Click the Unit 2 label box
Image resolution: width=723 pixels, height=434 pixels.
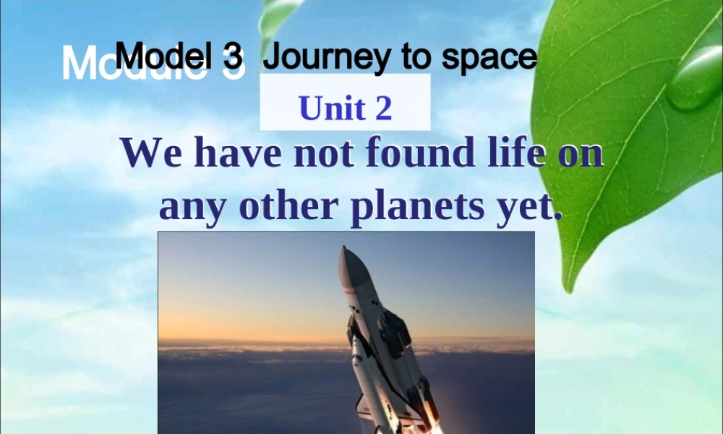pos(345,108)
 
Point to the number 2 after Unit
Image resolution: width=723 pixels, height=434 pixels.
pos(383,109)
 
